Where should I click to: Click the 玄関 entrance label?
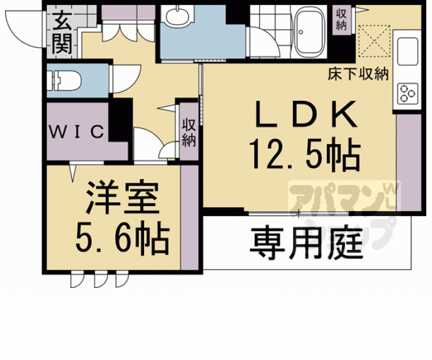tap(62, 32)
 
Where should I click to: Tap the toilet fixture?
tap(64, 81)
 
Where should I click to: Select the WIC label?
tap(76, 131)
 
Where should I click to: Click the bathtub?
tap(310, 31)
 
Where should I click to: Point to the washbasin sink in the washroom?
tap(177, 16)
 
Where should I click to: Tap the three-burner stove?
tap(408, 94)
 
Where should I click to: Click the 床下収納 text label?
tap(358, 74)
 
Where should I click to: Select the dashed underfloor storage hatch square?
tap(374, 41)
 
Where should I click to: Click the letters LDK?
tap(306, 115)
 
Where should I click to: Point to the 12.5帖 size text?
tap(305, 153)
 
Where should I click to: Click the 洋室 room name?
tap(123, 197)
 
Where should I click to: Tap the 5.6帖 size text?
tap(122, 238)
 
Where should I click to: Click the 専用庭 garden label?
tap(306, 243)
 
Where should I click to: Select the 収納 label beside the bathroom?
tap(341, 19)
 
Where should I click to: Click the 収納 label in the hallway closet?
tap(188, 132)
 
